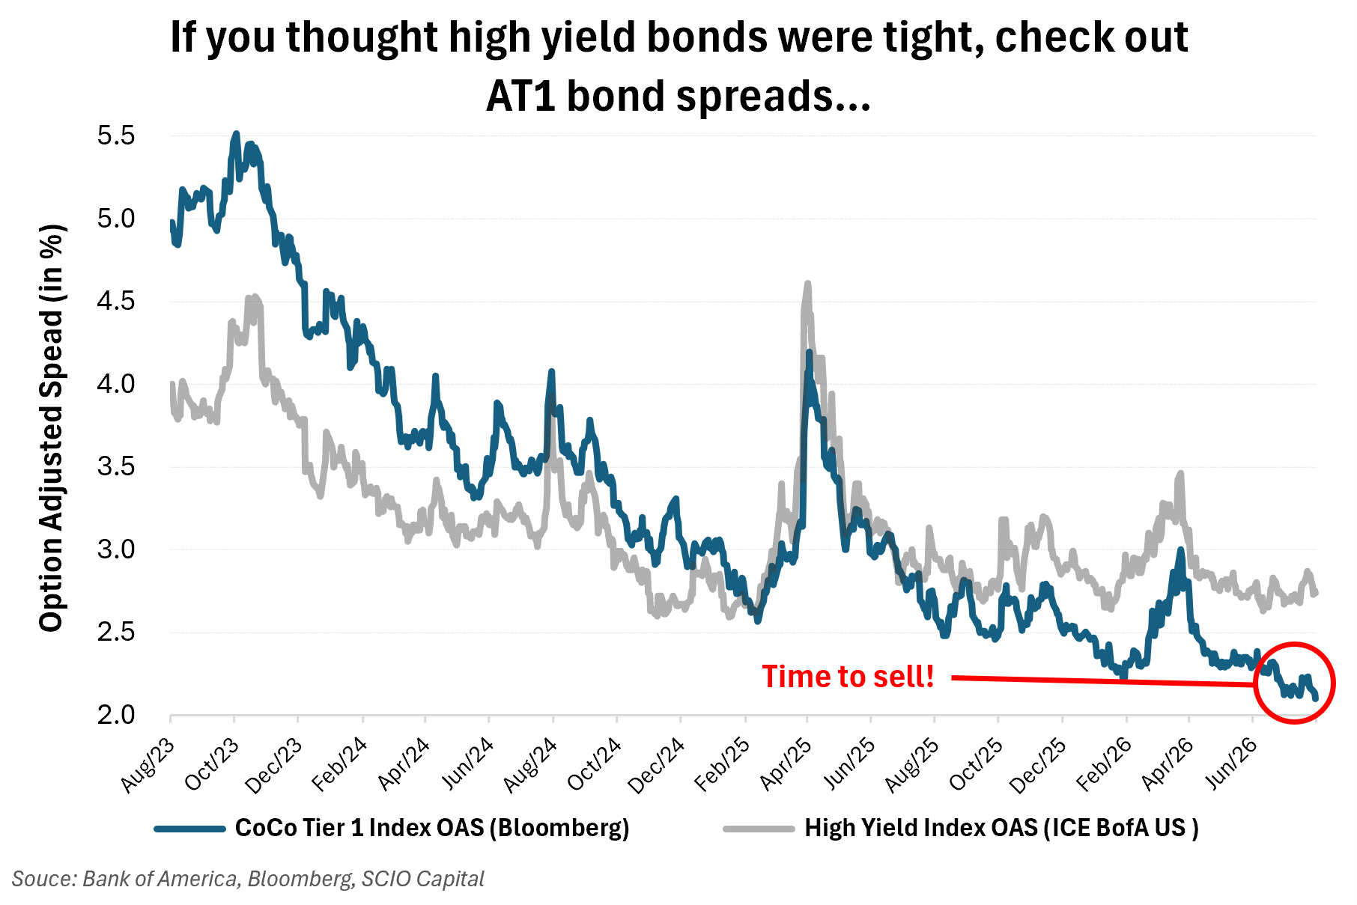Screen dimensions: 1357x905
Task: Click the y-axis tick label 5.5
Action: (x=116, y=135)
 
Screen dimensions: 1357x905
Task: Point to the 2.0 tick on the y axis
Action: (x=116, y=715)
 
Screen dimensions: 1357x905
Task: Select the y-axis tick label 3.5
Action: (x=116, y=466)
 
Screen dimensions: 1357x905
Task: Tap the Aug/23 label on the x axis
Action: (x=149, y=764)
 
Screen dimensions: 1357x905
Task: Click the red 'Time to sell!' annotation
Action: (x=848, y=677)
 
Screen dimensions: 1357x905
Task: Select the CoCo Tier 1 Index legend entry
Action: (x=432, y=828)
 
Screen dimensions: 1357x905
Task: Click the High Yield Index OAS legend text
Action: (x=1001, y=828)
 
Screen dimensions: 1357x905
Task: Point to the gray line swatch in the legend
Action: (x=759, y=829)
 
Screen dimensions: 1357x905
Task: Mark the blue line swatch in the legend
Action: (x=189, y=829)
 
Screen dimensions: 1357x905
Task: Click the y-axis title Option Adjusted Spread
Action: (x=52, y=428)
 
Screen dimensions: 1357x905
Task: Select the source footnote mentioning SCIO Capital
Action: (x=248, y=879)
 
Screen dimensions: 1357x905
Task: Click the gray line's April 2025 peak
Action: (x=807, y=284)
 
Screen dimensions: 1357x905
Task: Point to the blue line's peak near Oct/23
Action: (x=236, y=134)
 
